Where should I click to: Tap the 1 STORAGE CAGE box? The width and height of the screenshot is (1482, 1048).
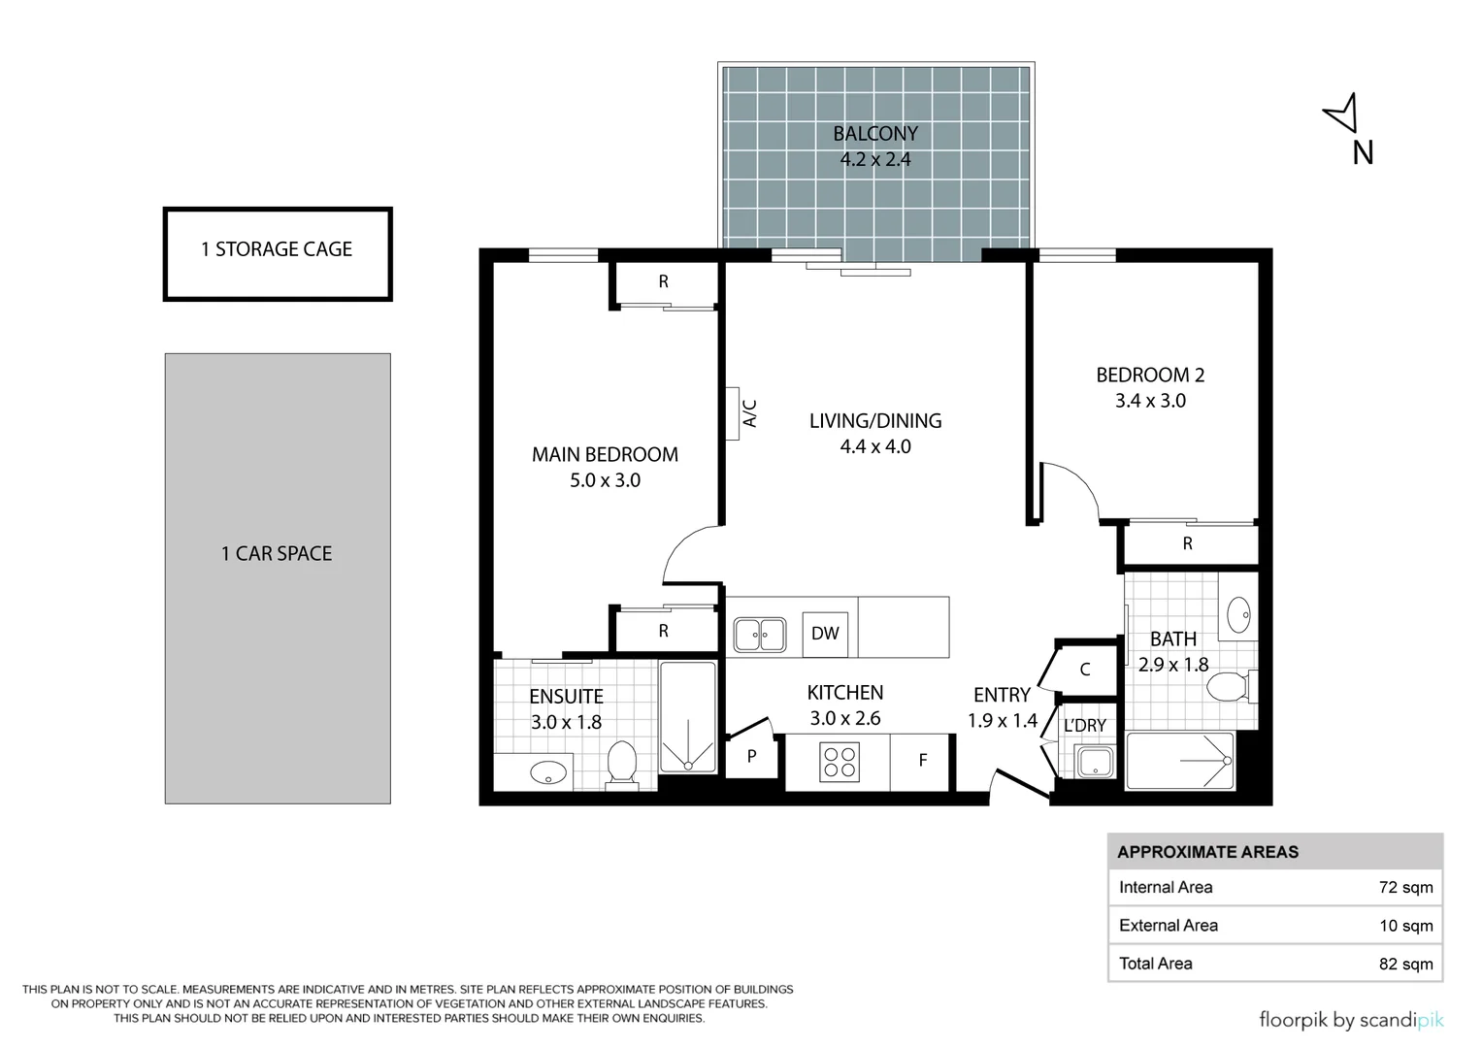[x=278, y=254]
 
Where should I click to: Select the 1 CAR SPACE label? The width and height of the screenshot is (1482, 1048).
[x=277, y=553]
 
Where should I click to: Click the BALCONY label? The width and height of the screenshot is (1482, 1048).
[x=875, y=134]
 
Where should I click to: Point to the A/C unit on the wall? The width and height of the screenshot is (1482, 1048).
[x=733, y=413]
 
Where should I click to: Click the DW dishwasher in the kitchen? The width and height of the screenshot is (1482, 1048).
[x=825, y=634]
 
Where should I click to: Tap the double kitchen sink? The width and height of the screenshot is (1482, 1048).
[x=760, y=635]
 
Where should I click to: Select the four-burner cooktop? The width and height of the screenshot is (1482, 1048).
[x=840, y=762]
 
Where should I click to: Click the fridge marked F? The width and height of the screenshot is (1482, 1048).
[x=922, y=762]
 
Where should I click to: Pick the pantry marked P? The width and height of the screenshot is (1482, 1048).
[x=751, y=756]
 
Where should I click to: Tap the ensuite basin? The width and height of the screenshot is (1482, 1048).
[x=548, y=772]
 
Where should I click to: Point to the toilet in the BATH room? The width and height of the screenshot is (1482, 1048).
[x=1232, y=686]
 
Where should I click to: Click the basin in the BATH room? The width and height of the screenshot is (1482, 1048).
[x=1238, y=614]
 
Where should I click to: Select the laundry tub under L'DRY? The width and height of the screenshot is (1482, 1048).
[x=1095, y=762]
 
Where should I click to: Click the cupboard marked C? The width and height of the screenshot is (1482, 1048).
[x=1085, y=670]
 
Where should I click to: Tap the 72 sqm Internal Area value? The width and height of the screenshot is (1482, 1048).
[x=1406, y=887]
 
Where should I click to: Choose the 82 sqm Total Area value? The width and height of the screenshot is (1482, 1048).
[x=1406, y=964]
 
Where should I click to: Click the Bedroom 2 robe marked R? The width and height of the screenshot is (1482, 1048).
[x=1188, y=543]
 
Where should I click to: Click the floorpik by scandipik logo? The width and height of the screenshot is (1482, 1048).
[x=1351, y=1020]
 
